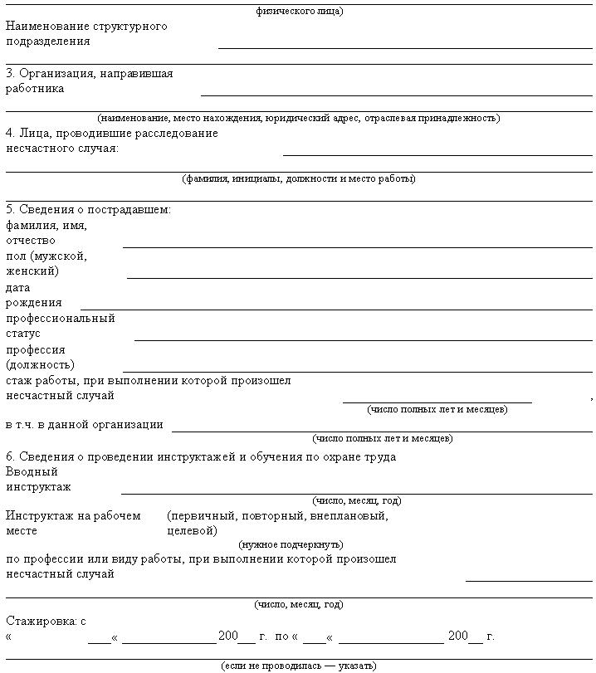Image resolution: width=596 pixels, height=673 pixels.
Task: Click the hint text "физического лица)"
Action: [x=300, y=11]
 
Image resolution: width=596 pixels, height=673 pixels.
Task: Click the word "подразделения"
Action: [x=47, y=41]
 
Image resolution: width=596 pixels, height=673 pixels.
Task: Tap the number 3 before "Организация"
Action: [x=9, y=73]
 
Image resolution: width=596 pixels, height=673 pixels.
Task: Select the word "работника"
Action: [x=35, y=88]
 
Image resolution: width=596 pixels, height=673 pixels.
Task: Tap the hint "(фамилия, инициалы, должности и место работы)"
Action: [x=299, y=178]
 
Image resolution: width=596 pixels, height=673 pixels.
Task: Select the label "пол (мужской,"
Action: [x=46, y=256]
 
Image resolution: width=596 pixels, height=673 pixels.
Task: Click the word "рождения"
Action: [x=34, y=302]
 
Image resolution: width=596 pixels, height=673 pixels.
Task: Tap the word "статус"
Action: [x=23, y=333]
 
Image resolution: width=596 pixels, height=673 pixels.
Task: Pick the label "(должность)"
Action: [x=40, y=364]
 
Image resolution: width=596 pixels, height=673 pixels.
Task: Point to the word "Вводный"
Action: [x=32, y=471]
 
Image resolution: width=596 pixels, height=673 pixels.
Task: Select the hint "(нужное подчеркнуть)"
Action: [x=291, y=544]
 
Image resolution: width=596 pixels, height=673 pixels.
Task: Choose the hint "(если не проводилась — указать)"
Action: [x=299, y=666]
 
